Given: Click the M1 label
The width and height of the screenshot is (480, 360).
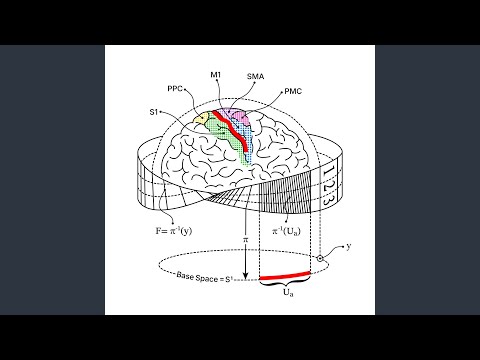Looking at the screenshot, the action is pyautogui.click(x=215, y=75).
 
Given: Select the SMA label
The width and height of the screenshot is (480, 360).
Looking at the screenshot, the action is pyautogui.click(x=255, y=76).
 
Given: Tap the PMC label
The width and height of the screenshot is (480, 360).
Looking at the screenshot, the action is pyautogui.click(x=293, y=91).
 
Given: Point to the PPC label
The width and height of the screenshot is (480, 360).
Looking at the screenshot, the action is pyautogui.click(x=175, y=89).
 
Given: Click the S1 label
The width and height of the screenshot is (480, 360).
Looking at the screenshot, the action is pyautogui.click(x=153, y=112).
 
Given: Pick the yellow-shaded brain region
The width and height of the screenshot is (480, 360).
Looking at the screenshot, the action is pyautogui.click(x=201, y=118).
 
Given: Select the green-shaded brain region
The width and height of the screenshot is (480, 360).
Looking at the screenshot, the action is pyautogui.click(x=227, y=137).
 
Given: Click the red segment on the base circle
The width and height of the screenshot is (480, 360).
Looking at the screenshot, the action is pyautogui.click(x=285, y=275).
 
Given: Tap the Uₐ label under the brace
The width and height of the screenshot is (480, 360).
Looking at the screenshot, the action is pyautogui.click(x=288, y=293).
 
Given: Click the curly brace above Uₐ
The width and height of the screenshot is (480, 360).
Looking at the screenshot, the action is pyautogui.click(x=285, y=283).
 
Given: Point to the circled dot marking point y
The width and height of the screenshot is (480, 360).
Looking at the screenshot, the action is pyautogui.click(x=320, y=258).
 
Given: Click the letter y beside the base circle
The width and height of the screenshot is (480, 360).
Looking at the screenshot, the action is pyautogui.click(x=349, y=247).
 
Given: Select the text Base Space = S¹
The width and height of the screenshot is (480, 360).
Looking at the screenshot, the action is pyautogui.click(x=204, y=278).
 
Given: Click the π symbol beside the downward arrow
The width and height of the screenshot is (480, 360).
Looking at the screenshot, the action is pyautogui.click(x=246, y=239).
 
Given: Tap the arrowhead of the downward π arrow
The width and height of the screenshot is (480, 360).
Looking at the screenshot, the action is pyautogui.click(x=246, y=276).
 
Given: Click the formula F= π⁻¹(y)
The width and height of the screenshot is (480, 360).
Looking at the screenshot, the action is pyautogui.click(x=174, y=231).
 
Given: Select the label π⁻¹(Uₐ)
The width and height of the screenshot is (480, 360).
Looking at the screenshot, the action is pyautogui.click(x=286, y=231).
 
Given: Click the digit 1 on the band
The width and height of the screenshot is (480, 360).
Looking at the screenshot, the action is pyautogui.click(x=328, y=173).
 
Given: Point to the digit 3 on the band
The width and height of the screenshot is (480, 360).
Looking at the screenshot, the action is pyautogui.click(x=326, y=200).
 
